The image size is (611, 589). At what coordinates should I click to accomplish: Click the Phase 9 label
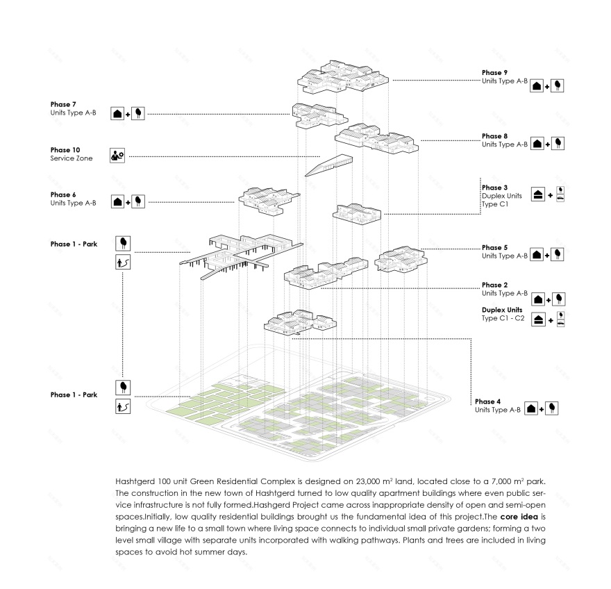496,72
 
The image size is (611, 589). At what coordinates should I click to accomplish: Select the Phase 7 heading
62,104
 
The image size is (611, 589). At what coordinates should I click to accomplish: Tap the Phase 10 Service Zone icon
117,156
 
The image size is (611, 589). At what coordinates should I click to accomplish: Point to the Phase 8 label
496,136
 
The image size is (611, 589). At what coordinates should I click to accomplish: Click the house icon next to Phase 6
118,201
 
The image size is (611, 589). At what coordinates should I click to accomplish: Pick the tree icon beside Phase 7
139,113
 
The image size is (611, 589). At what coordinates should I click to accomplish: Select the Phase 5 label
496,247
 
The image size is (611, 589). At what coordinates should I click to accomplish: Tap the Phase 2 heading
496,285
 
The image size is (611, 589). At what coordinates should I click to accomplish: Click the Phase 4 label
489,401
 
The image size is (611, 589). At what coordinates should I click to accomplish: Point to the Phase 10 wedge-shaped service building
328,165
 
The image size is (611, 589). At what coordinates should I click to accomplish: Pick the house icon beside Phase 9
537,86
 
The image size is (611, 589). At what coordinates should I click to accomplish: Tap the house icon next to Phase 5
537,255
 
